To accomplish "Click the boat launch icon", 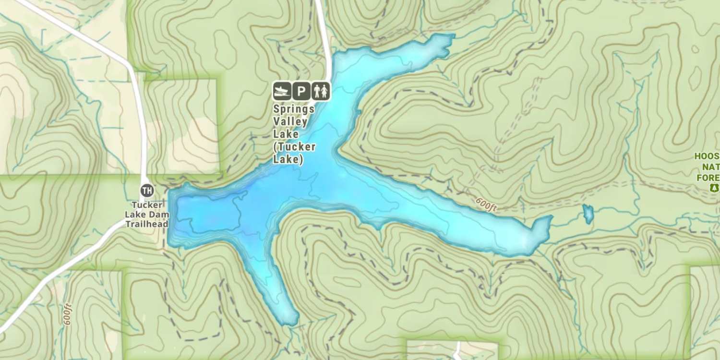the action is pos(282,91).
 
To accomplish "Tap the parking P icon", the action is pos(301,91).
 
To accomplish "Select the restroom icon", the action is pos(321,91).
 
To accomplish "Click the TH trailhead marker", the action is pos(147,191).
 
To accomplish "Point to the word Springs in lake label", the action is pos(294,109).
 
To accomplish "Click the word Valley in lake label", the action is pos(290,121).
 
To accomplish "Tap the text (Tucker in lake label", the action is pos(294,147).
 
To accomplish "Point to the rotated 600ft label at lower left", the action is pos(67,314).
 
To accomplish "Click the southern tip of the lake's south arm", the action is pos(289,321).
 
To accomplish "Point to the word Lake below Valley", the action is pos(286,134).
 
